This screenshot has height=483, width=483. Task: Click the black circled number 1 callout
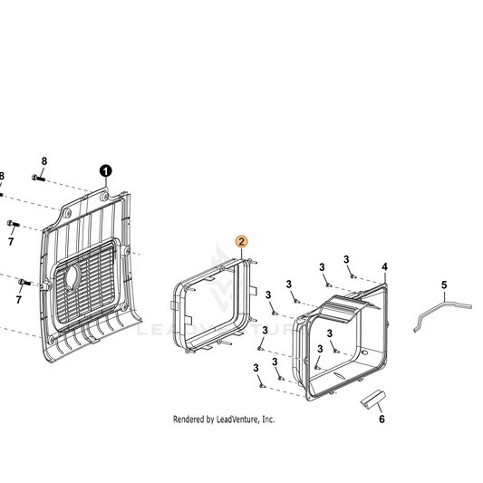click(106, 171)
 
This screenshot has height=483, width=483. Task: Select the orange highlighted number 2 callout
click(241, 242)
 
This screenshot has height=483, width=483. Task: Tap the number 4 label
click(384, 267)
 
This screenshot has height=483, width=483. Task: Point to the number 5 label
click(444, 285)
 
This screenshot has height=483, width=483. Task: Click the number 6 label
click(382, 419)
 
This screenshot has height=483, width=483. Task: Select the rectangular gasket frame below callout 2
click(214, 306)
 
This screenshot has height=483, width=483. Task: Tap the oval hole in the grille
click(72, 277)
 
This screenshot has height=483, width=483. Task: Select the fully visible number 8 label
click(44, 161)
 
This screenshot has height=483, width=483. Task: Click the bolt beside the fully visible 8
click(38, 178)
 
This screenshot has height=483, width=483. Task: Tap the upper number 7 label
click(11, 241)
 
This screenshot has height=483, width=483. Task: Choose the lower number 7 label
click(19, 299)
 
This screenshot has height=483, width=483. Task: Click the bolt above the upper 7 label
click(14, 223)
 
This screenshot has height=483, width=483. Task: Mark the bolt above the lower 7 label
click(24, 282)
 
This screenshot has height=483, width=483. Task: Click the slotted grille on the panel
click(84, 284)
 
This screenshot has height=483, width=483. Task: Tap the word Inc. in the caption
click(268, 420)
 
